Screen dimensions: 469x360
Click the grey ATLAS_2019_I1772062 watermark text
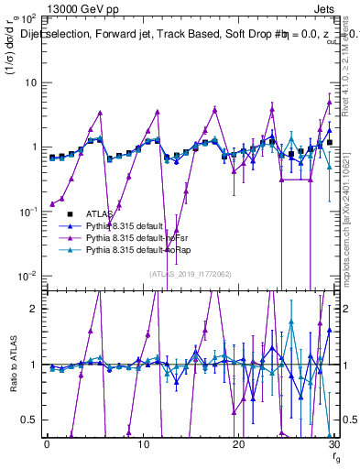pos(190,273)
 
